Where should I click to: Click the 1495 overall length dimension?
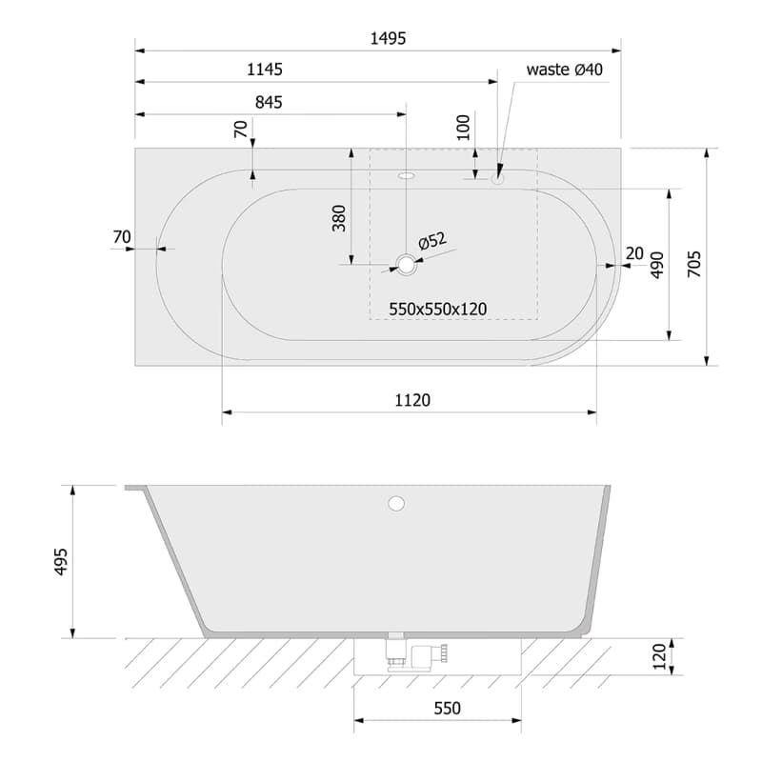point(388,38)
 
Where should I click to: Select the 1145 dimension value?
point(265,70)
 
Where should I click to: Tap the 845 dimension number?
point(269,102)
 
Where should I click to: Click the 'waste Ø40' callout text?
point(564,70)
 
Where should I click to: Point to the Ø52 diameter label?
point(432,241)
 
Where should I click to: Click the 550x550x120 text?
point(437,309)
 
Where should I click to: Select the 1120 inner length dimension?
point(412,400)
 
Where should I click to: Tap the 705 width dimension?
point(694,264)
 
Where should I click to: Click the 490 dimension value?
point(657,265)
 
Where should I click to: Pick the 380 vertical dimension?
point(339,218)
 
